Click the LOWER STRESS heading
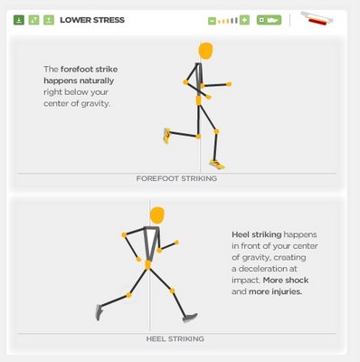point(92,20)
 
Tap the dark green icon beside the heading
point(19,20)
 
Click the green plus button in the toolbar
point(244,20)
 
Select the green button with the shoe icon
point(269,20)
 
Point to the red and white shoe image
point(317,19)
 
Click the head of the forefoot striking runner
point(205,51)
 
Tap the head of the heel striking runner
point(157,215)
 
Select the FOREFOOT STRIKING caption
point(176,178)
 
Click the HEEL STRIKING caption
point(175,338)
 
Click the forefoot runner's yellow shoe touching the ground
point(217,165)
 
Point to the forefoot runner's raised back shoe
point(166,136)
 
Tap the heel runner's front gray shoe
point(190,318)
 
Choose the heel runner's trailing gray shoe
point(99,312)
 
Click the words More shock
point(286,281)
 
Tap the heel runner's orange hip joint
point(148,265)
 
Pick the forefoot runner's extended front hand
point(229,84)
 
